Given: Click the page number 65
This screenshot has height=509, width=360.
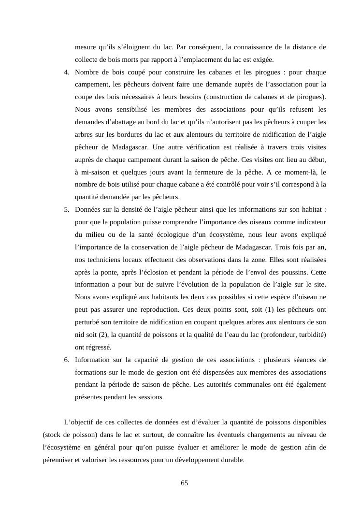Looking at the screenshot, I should tap(184, 483).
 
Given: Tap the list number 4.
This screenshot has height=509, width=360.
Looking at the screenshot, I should tap(66, 72).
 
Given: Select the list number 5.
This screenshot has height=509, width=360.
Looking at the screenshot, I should tap(66, 209).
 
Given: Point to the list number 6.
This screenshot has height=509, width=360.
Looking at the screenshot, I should tap(66, 360).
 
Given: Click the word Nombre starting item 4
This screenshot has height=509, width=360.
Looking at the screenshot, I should tap(87, 72).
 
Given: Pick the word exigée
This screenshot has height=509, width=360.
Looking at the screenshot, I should tap(262, 59).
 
